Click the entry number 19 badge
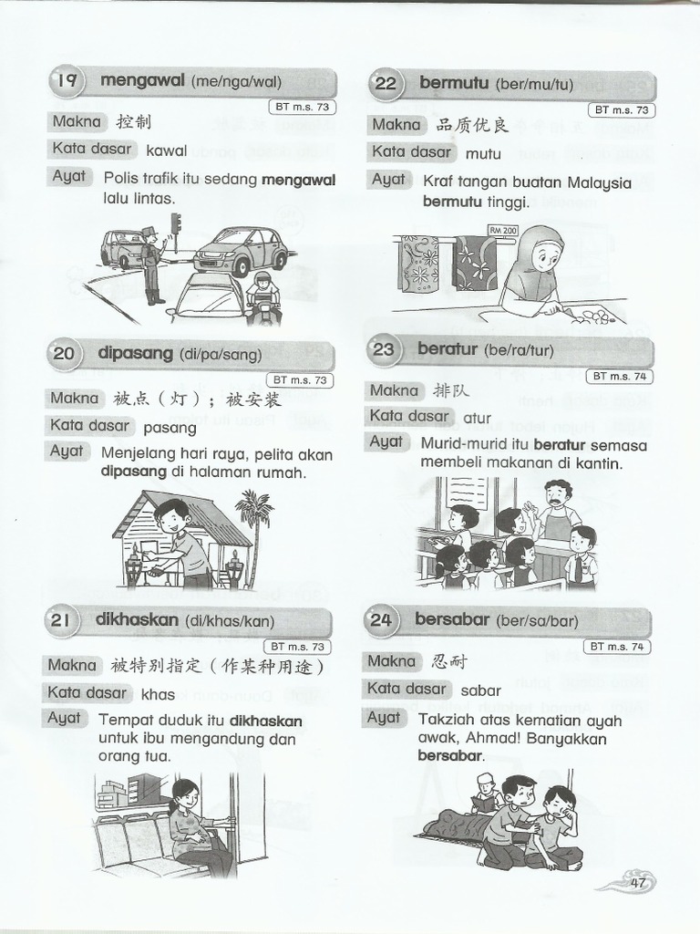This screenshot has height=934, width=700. pos(67,82)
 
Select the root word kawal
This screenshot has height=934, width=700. pos(166,150)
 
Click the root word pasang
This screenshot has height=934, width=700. pos(163,427)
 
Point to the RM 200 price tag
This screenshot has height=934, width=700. pos(503,231)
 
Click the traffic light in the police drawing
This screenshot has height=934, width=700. pos(177,223)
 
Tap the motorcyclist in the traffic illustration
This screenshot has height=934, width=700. pos(262,297)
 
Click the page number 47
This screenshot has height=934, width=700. pos(636,882)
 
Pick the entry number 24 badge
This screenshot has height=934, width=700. pos(382,621)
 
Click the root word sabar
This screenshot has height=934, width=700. pos(480,690)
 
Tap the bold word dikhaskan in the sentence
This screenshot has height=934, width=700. pos(266,721)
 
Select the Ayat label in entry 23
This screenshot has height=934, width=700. pos(386,442)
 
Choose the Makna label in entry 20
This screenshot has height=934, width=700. pos(75,399)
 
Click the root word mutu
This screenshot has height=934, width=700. pos(483,153)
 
